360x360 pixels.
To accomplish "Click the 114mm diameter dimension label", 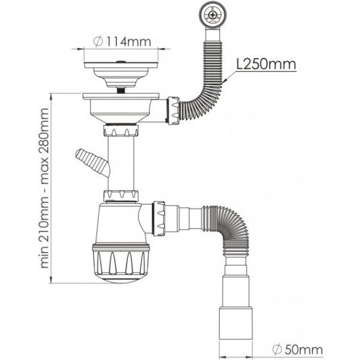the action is coord(122,42).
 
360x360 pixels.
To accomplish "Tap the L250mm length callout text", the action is coord(266,65).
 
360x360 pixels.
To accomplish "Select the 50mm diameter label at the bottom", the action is coord(298,350).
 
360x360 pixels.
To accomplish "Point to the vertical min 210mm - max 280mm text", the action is coord(44,188).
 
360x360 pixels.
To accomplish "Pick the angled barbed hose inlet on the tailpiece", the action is coord(93,163).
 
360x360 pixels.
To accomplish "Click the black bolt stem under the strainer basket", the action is coord(121,90).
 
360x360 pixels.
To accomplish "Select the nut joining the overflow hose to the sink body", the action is coord(174,110).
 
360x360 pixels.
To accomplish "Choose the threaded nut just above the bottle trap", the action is coord(121,196).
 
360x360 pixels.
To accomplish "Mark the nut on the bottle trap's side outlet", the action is coord(159,218).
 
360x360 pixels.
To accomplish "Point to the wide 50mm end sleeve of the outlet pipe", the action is coord(236,323).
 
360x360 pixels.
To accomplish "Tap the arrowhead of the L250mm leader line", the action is coord(225,81).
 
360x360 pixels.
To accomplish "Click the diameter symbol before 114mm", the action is coord(98,42).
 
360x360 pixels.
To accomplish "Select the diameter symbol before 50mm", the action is coord(277,350).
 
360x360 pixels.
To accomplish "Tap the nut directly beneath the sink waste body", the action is coord(121,130).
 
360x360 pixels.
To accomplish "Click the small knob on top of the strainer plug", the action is coord(121,62).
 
